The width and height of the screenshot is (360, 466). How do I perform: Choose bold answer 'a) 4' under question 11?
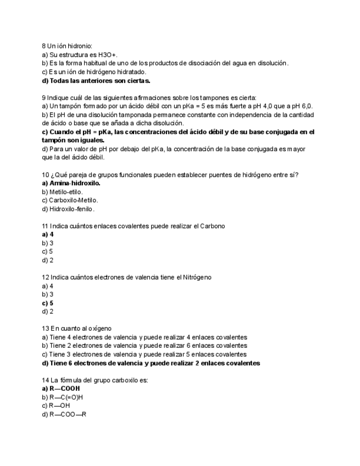click(47, 235)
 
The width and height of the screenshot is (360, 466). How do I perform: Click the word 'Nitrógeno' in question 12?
click(195, 278)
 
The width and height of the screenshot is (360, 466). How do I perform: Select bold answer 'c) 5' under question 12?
click(47, 303)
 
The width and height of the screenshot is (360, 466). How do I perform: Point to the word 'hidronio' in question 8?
click(79, 46)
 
